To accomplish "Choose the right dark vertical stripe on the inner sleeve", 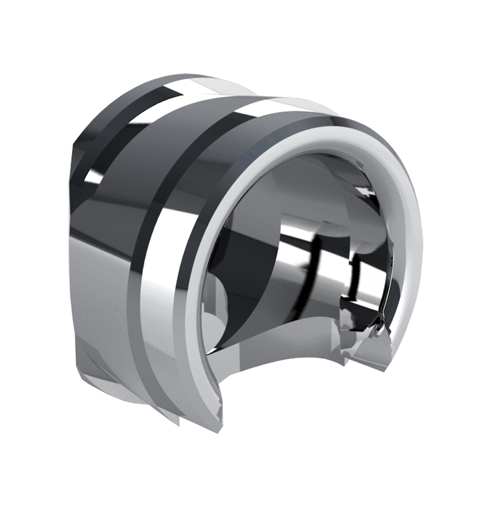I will tap(356, 274).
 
